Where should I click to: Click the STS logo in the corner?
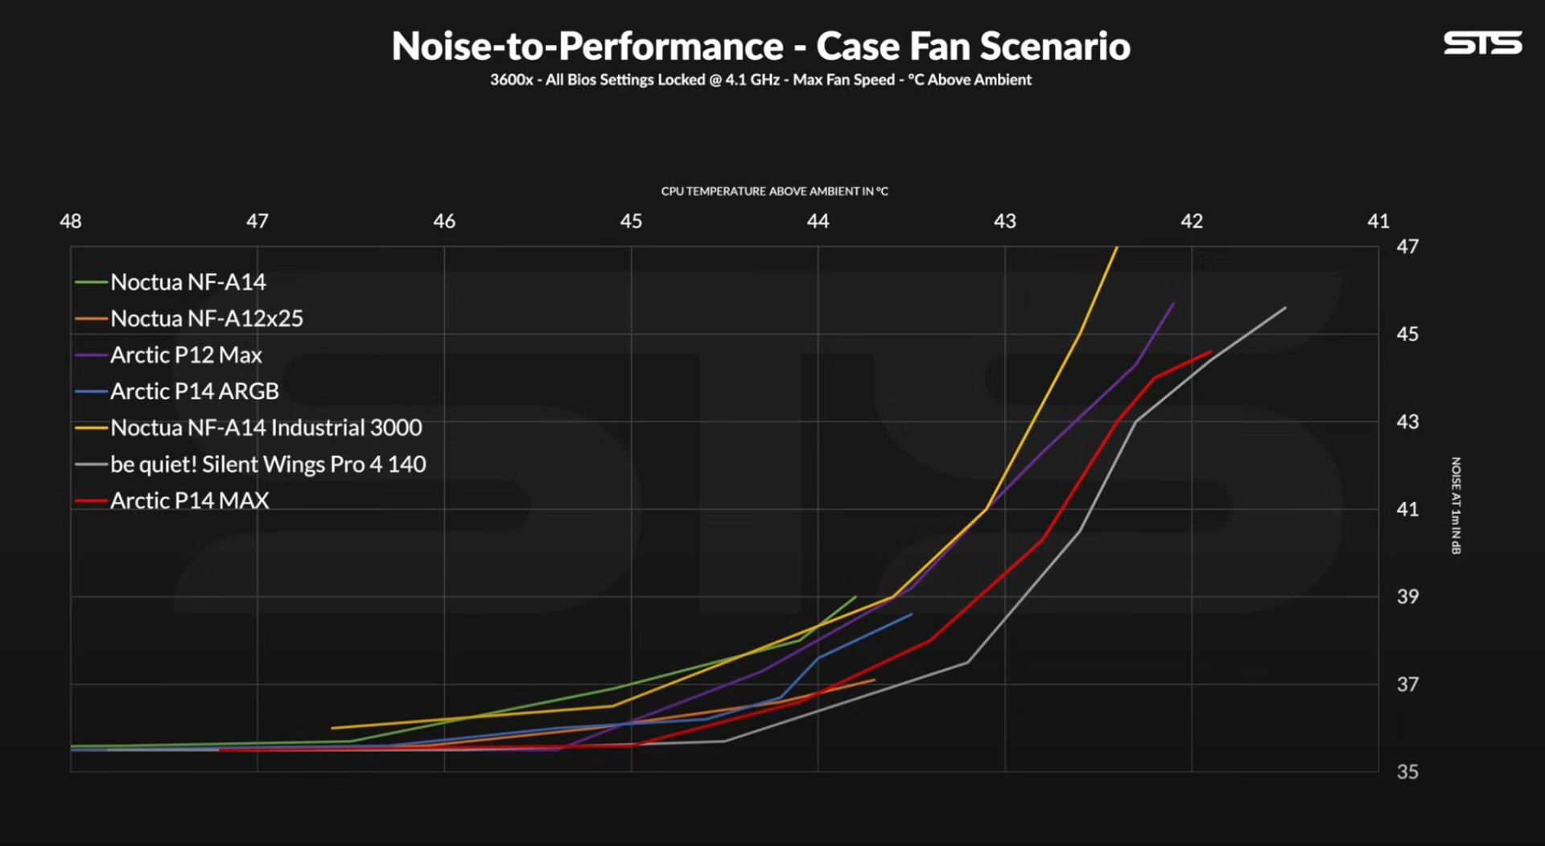click(1482, 43)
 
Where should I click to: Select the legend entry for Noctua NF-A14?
click(187, 282)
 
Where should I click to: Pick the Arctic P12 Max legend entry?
click(186, 355)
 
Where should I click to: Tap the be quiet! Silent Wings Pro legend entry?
click(268, 464)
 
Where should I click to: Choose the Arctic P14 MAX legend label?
click(189, 500)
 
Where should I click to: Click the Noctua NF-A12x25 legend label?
click(207, 318)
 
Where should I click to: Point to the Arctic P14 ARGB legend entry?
click(194, 392)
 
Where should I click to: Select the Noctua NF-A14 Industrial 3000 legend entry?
click(266, 428)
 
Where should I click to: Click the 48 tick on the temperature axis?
click(71, 221)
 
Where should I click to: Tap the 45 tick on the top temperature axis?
click(631, 221)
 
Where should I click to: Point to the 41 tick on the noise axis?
click(1407, 509)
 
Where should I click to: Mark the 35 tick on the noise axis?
click(1407, 772)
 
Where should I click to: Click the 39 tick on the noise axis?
click(1407, 597)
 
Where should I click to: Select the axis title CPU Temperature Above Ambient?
click(774, 191)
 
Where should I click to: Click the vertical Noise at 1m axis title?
click(1456, 506)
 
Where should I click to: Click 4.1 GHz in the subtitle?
click(752, 80)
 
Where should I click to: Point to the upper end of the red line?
click(1211, 351)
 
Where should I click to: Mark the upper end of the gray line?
click(1286, 307)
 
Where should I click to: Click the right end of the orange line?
click(875, 680)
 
